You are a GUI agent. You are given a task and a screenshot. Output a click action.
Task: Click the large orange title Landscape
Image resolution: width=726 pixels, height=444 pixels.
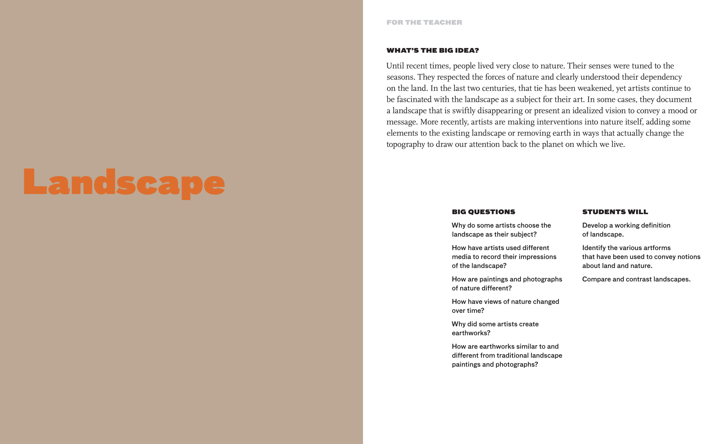pyautogui.click(x=124, y=183)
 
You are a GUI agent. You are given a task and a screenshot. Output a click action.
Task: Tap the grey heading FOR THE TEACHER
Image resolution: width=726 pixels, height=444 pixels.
pyautogui.click(x=424, y=22)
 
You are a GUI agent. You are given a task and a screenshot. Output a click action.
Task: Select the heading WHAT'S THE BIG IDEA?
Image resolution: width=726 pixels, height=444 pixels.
pyautogui.click(x=433, y=50)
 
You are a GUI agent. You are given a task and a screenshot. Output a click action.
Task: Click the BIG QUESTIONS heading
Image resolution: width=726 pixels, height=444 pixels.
pyautogui.click(x=484, y=212)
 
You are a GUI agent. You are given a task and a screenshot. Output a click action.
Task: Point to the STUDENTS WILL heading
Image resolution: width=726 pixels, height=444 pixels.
pyautogui.click(x=615, y=212)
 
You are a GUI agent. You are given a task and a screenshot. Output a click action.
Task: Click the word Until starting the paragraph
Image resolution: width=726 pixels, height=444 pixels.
pyautogui.click(x=395, y=66)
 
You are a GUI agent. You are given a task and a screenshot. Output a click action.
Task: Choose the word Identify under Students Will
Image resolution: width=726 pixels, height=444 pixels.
pyautogui.click(x=594, y=248)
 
